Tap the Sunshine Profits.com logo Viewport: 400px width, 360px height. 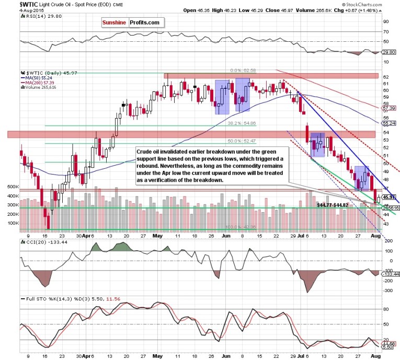click(132, 22)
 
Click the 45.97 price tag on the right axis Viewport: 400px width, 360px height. click(387, 197)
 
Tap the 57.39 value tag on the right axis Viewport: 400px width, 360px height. click(387, 107)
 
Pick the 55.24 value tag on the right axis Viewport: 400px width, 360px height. click(387, 124)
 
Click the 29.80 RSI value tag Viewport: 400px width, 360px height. click(387, 52)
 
